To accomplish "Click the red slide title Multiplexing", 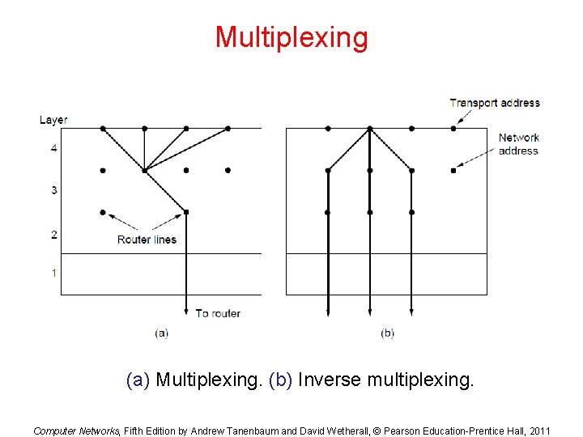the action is [x=291, y=37].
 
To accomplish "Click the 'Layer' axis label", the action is [x=53, y=120].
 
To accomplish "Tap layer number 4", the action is [x=54, y=148].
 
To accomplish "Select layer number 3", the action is [x=54, y=190].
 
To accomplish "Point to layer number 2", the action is [x=54, y=235].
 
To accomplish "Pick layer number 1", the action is [x=54, y=273].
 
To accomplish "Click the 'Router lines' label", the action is [x=147, y=240].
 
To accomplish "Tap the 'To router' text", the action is [x=218, y=313].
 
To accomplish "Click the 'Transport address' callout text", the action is [x=494, y=103].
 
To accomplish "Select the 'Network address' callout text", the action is [x=518, y=144].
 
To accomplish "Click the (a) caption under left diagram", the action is [x=161, y=333].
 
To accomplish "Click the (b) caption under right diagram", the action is [x=387, y=333].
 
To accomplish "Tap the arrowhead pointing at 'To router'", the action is [x=186, y=311].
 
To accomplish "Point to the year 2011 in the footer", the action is [x=537, y=431].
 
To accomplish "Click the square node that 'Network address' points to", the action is [x=453, y=170].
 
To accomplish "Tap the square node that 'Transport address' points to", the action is [x=453, y=128].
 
